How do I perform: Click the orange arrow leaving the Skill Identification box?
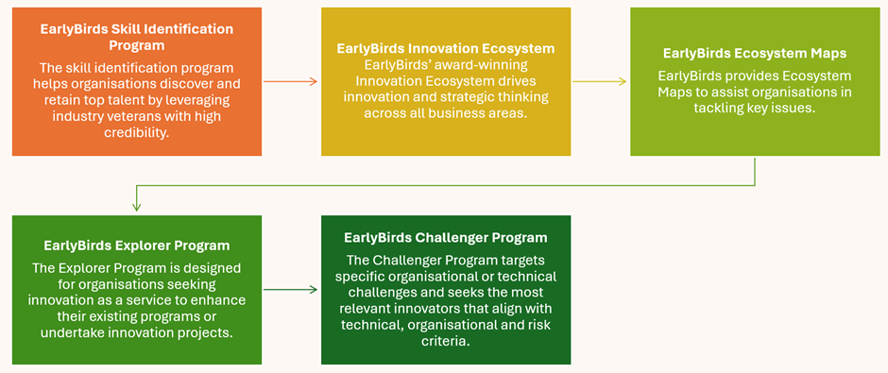[290, 81]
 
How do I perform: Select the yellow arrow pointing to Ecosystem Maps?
[600, 81]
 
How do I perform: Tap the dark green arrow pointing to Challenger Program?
[290, 290]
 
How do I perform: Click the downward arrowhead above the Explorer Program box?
[136, 207]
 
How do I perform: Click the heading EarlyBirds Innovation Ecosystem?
[446, 49]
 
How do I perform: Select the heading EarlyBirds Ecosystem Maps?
[755, 53]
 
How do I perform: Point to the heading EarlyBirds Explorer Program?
[136, 246]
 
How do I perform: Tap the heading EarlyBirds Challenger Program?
[446, 238]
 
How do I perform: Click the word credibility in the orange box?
[136, 132]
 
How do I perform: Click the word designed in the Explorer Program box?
[215, 267]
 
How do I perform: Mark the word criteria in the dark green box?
[446, 341]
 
